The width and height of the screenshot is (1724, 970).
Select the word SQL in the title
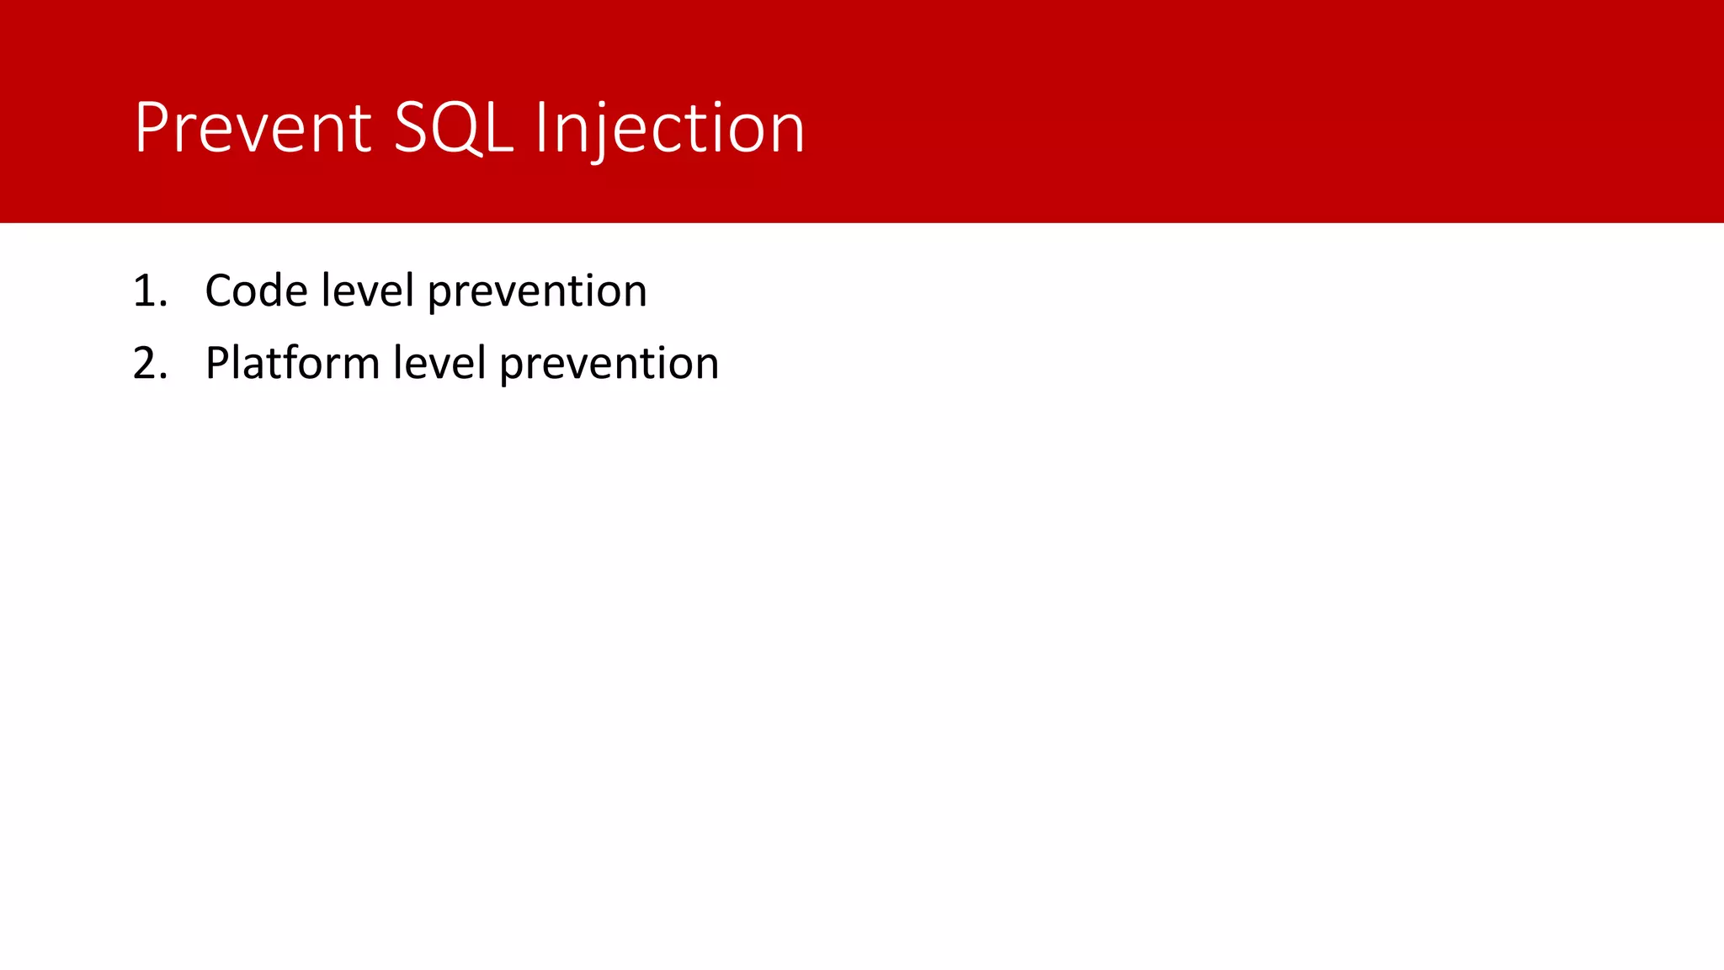click(453, 128)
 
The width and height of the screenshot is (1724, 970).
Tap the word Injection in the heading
click(670, 128)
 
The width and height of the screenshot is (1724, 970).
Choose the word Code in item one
click(256, 291)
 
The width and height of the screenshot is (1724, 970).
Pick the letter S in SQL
click(412, 128)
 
